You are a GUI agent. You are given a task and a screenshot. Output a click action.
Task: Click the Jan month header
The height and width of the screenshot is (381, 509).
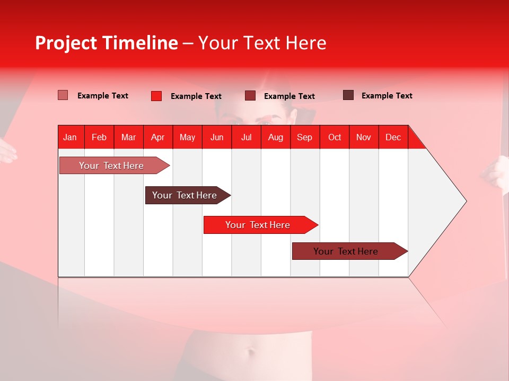71,137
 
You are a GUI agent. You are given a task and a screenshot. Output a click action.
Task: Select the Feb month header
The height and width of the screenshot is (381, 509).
99,137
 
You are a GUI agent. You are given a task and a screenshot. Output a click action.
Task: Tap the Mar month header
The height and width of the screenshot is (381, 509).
128,137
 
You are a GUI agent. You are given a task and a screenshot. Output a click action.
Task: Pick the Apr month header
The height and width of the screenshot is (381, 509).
158,137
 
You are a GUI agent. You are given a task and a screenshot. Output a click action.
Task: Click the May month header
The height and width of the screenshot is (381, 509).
187,137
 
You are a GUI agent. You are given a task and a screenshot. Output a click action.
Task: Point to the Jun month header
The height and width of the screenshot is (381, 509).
217,137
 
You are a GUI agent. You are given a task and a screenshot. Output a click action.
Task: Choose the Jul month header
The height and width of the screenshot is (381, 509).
246,137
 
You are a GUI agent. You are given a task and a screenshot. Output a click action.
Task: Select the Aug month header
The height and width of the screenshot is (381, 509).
276,137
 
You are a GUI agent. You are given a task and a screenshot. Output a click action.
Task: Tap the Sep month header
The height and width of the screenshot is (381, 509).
305,137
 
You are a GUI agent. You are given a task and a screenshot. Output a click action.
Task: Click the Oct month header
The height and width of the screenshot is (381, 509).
335,137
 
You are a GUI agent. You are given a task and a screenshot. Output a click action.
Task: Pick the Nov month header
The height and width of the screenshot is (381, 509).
364,137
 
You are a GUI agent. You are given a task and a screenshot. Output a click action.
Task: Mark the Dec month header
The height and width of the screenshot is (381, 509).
393,137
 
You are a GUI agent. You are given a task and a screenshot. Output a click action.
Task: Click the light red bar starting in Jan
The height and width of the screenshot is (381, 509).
112,166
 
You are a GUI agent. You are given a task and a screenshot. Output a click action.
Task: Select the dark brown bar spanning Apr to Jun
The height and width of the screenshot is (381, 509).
185,195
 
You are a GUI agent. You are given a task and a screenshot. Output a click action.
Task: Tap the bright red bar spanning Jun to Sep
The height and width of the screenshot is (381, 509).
258,225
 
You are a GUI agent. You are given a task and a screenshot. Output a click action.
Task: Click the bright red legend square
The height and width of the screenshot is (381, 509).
156,96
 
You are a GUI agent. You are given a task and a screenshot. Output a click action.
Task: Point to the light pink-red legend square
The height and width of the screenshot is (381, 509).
63,95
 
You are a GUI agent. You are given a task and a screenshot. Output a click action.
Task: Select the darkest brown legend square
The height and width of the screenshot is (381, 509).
348,95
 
